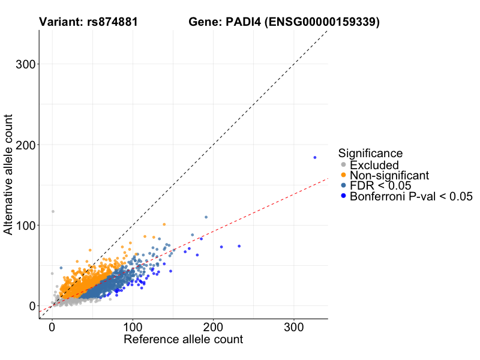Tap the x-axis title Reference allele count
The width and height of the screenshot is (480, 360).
pyautogui.click(x=183, y=340)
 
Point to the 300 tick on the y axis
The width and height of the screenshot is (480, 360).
pyautogui.click(x=23, y=65)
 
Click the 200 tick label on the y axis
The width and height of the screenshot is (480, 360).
pyautogui.click(x=23, y=145)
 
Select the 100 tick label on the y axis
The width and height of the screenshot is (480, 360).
pyautogui.click(x=23, y=226)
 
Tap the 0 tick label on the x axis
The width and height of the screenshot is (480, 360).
pyautogui.click(x=52, y=328)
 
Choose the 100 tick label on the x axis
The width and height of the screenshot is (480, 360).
pyautogui.click(x=133, y=328)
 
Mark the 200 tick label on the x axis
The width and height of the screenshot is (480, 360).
pyautogui.click(x=213, y=328)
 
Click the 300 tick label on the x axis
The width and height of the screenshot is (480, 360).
pyautogui.click(x=293, y=328)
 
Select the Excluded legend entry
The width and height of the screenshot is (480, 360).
pyautogui.click(x=374, y=165)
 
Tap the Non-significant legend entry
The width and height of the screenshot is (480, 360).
pyautogui.click(x=389, y=175)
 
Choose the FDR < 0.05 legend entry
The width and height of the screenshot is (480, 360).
pyautogui.click(x=380, y=185)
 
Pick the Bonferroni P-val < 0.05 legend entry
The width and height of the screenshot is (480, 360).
pyautogui.click(x=411, y=196)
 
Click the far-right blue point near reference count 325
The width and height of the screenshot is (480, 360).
pyautogui.click(x=314, y=157)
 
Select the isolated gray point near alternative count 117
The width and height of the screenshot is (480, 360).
pyautogui.click(x=53, y=211)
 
